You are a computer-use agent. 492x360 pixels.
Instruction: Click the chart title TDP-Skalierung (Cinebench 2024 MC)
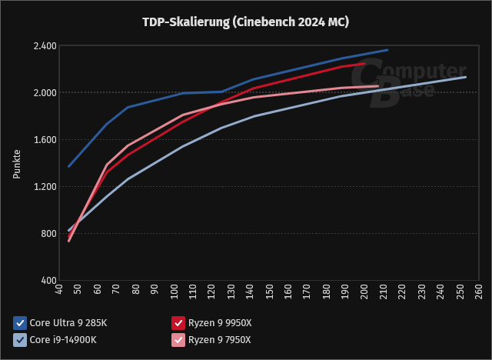[246, 22]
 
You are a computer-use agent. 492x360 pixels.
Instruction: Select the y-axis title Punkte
[17, 163]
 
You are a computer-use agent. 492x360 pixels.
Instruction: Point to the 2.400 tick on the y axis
[45, 46]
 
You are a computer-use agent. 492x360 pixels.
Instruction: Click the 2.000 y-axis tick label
[45, 93]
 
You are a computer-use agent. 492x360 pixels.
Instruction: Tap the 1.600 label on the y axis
[45, 140]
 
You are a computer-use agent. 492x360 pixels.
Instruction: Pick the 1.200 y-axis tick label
[45, 187]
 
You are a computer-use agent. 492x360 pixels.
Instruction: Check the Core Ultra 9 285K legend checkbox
[20, 322]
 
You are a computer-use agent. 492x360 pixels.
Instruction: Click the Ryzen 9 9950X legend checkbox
[178, 322]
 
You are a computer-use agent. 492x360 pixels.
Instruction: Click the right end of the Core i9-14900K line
[466, 77]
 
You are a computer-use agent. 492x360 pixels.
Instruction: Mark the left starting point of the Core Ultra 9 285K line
[69, 166]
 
